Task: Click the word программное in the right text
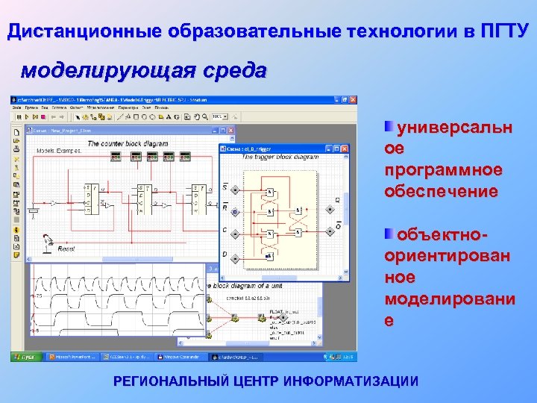tap(443, 170)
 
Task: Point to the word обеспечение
tap(440, 191)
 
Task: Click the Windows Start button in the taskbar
tap(26, 357)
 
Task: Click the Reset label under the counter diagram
tap(66, 249)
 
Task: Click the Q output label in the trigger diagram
tap(336, 200)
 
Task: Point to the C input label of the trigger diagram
tap(224, 230)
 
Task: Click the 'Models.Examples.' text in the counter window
tap(58, 151)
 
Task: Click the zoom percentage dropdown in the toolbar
tap(220, 117)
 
